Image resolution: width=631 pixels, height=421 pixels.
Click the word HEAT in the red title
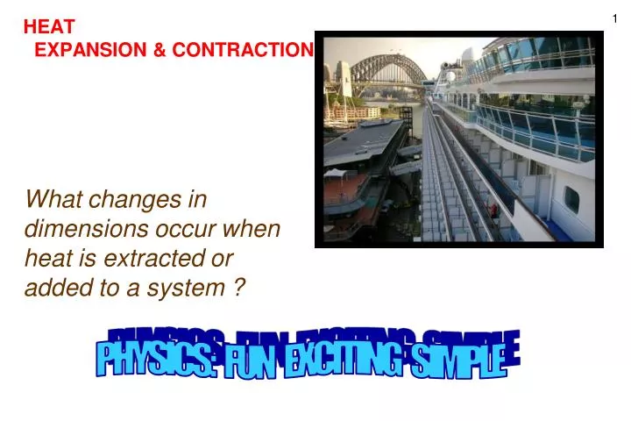[x=49, y=27]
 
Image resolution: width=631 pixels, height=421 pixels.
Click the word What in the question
[x=52, y=200]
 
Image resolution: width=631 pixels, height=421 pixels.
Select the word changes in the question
[x=142, y=200]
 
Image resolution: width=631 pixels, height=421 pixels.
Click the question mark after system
[x=238, y=287]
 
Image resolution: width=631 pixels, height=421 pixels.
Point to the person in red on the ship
[x=493, y=210]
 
